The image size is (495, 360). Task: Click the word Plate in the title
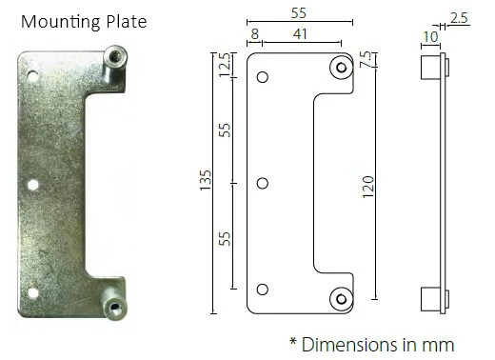pyautogui.click(x=127, y=22)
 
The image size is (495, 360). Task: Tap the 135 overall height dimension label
pyautogui.click(x=206, y=180)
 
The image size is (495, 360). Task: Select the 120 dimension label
pyautogui.click(x=368, y=187)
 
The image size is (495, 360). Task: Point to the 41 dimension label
pyautogui.click(x=300, y=34)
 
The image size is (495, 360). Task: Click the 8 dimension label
pyautogui.click(x=255, y=34)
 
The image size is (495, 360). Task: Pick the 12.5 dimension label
pyautogui.click(x=225, y=65)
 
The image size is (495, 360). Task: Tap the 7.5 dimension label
pyautogui.click(x=365, y=59)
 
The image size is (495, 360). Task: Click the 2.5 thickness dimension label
pyautogui.click(x=459, y=18)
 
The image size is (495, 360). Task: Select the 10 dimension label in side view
pyautogui.click(x=430, y=37)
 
